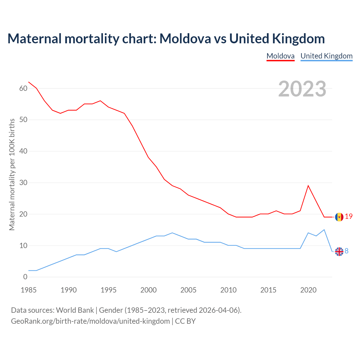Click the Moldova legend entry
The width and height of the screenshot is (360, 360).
click(280, 56)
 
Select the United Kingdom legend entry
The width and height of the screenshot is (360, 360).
click(326, 56)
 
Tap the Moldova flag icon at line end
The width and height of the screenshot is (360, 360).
click(339, 217)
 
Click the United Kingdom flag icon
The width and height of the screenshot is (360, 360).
click(339, 251)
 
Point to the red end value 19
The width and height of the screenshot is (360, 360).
click(349, 216)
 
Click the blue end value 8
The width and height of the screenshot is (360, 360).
click(346, 251)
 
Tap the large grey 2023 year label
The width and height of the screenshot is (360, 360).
click(302, 89)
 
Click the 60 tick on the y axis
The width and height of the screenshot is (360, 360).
click(23, 88)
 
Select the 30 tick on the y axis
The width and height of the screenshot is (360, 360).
click(23, 183)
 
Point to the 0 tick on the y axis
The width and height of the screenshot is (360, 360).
click(25, 277)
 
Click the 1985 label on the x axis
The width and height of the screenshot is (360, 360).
click(29, 290)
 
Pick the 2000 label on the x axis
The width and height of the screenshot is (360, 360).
click(148, 290)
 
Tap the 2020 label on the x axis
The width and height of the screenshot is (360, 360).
click(308, 290)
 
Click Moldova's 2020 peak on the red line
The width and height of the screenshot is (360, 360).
click(308, 186)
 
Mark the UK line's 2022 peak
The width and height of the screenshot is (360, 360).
click(324, 230)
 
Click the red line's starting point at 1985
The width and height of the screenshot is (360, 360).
click(29, 82)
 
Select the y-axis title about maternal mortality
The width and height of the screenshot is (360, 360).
click(12, 174)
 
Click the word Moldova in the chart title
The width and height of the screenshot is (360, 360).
click(185, 39)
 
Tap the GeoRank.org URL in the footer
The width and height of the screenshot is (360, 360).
click(90, 321)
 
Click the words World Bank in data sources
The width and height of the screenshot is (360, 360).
click(75, 310)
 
